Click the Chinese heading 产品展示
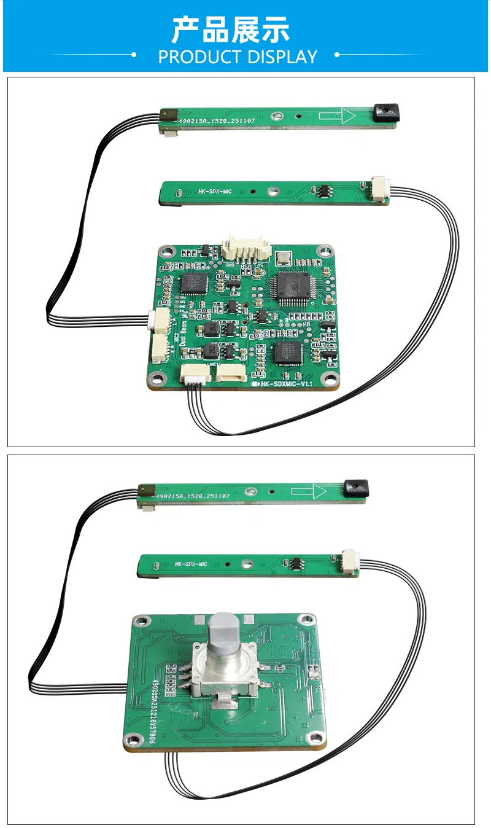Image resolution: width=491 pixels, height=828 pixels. point(230,29)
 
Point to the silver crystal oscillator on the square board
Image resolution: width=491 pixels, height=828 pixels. point(284,259)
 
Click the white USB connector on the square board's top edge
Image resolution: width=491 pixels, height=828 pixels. point(246,248)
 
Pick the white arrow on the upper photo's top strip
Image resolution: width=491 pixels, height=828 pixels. point(337,115)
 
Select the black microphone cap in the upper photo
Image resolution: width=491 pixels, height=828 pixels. point(387,112)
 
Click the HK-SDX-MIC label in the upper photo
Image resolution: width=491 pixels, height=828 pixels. point(215,191)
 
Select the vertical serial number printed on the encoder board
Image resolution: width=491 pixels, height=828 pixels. point(151,712)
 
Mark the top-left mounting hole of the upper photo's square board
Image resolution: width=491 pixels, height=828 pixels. point(164,252)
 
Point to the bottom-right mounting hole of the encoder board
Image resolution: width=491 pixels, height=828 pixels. point(316,738)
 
